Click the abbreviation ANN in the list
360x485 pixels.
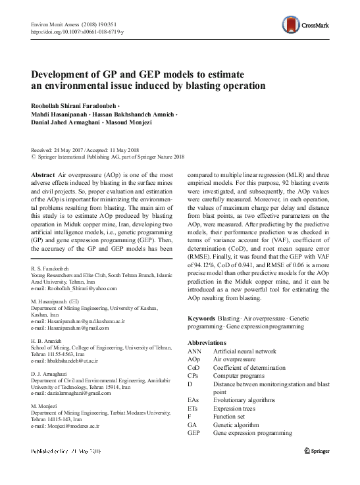click(195, 352)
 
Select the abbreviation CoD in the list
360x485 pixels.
click(195, 368)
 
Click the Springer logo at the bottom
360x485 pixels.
click(321, 452)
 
